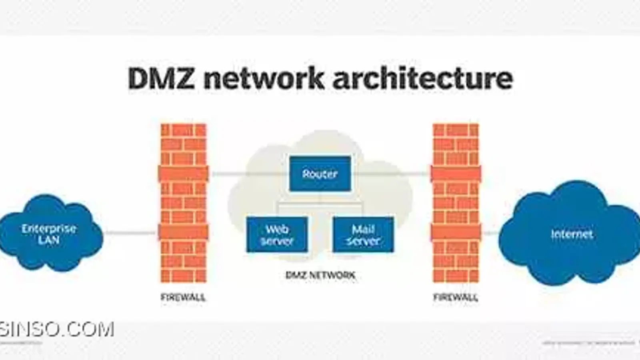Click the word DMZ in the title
coord(161,78)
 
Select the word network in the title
coord(264,78)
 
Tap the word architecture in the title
coord(422,78)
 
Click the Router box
coord(320,174)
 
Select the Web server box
coord(277,235)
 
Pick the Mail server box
coord(363,235)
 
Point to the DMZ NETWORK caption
coord(320,275)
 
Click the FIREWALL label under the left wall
coord(183,297)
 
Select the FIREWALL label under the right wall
coord(456,297)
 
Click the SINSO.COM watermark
coord(57,330)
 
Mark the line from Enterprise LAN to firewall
coord(130,232)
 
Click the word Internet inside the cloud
coord(572,234)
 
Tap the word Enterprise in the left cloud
coord(49,228)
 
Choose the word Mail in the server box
coord(363,229)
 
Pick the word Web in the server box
coord(277,229)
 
